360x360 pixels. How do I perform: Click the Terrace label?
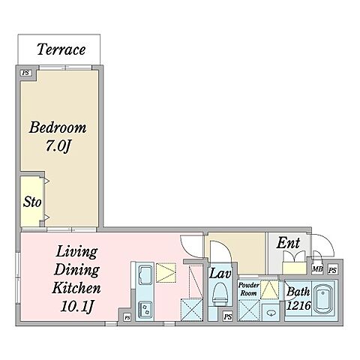pyautogui.click(x=61, y=49)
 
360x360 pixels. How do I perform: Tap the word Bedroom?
pyautogui.click(x=58, y=127)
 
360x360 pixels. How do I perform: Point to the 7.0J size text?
pyautogui.click(x=58, y=145)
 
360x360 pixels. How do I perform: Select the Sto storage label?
pyautogui.click(x=32, y=202)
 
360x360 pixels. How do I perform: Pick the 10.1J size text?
pyautogui.click(x=77, y=306)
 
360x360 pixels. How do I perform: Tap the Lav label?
pyautogui.click(x=220, y=273)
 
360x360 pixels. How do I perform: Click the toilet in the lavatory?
pyautogui.click(x=220, y=295)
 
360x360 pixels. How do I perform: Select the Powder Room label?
pyautogui.click(x=248, y=289)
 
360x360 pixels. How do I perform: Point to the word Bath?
pyautogui.click(x=298, y=292)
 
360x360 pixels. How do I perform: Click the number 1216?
pyautogui.click(x=298, y=305)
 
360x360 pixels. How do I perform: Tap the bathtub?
pyautogui.click(x=324, y=300)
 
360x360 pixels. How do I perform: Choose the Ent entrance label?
pyautogui.click(x=288, y=243)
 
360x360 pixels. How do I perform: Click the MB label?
pyautogui.click(x=317, y=269)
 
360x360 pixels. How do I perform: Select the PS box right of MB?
pyautogui.click(x=333, y=270)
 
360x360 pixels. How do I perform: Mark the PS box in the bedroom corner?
pyautogui.click(x=26, y=73)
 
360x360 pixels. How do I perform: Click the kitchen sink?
pyautogui.click(x=145, y=275)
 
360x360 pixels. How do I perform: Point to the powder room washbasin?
pyautogui.click(x=271, y=313)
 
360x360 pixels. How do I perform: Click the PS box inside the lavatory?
pyautogui.click(x=228, y=316)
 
